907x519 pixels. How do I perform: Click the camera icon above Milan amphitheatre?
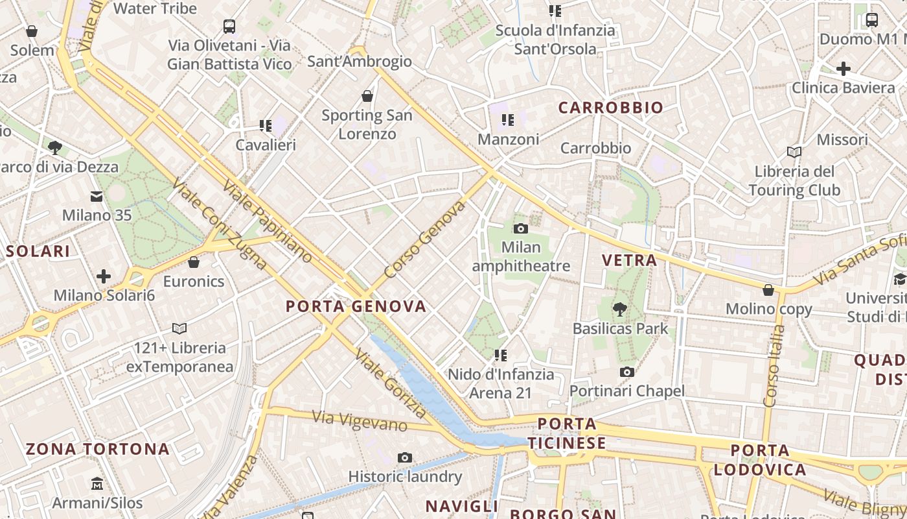(x=520, y=228)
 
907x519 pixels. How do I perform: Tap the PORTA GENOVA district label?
(x=356, y=306)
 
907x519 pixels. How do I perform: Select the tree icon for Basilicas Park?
(x=620, y=309)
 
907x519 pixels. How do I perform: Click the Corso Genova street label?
(x=425, y=240)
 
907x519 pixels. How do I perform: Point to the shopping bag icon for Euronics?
(x=193, y=262)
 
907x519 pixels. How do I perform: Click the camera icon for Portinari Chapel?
(x=626, y=372)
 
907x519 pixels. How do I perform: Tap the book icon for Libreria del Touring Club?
(x=794, y=152)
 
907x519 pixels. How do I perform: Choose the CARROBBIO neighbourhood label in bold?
(x=611, y=108)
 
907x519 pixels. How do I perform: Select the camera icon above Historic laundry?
(x=405, y=457)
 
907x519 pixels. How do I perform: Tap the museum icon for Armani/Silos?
(x=97, y=483)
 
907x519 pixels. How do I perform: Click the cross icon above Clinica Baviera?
(x=843, y=68)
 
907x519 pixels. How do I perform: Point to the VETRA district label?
(x=629, y=260)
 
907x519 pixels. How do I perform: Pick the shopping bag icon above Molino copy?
(x=768, y=289)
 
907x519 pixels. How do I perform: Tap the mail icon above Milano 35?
(x=97, y=196)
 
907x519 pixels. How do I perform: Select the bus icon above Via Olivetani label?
(x=229, y=27)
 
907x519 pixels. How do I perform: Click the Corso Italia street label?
(x=774, y=367)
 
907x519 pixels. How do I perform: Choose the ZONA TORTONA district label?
(x=98, y=449)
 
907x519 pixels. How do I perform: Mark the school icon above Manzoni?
(x=508, y=120)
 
